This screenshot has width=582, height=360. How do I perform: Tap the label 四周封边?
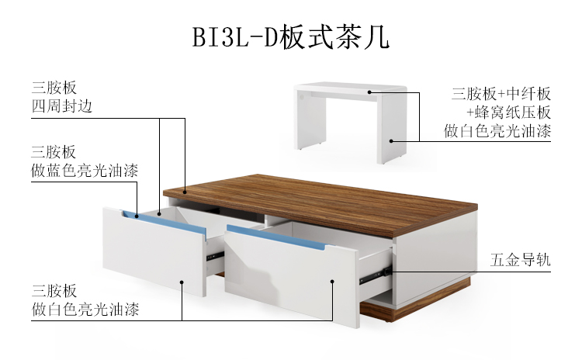61,106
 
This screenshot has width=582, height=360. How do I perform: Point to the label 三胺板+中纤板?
501,94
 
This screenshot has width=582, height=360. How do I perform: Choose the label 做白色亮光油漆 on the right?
497,131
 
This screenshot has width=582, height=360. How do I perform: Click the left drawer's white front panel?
155,252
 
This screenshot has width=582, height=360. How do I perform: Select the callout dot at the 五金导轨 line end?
391,272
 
